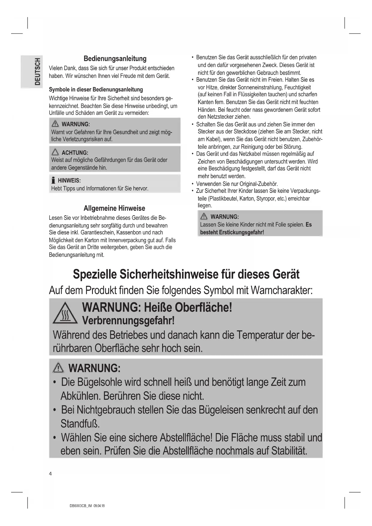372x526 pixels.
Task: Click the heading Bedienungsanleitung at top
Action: (115, 59)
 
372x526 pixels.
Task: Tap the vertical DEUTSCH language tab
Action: (37, 72)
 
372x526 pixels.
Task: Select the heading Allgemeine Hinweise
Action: (114, 208)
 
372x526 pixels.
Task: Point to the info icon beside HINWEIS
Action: (53, 181)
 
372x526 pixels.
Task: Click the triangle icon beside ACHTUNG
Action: (55, 153)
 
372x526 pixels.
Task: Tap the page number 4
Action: (50, 474)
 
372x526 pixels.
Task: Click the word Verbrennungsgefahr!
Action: (128, 321)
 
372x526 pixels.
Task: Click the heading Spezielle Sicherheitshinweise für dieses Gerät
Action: (186, 274)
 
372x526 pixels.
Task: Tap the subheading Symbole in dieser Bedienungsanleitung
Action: (96, 90)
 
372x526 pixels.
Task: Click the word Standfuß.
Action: (80, 424)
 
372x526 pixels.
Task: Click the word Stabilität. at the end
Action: (289, 451)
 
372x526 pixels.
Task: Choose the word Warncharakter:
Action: (281, 290)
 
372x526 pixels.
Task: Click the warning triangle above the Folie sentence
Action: (204, 217)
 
